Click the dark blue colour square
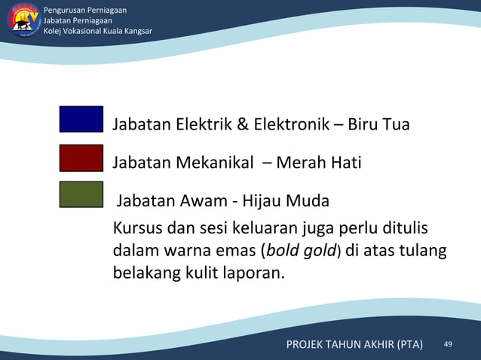[x=81, y=119]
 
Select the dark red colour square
[x=81, y=158]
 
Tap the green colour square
[x=81, y=194]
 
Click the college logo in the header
[x=24, y=20]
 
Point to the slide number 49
[x=448, y=344]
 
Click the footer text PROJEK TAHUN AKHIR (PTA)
[x=354, y=345]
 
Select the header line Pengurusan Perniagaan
[x=85, y=10]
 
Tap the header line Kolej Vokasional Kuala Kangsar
[x=98, y=31]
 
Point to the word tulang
[x=424, y=249]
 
